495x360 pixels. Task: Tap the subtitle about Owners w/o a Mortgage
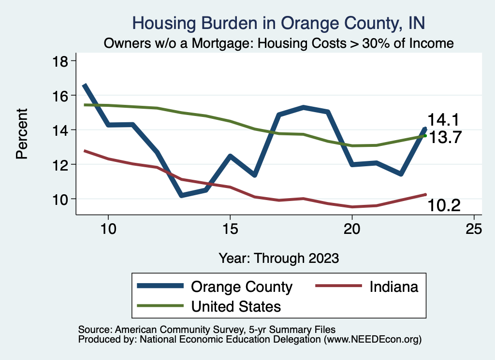pos(278,43)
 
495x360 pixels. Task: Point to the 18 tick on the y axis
pos(62,61)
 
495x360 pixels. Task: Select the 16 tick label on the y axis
pos(62,95)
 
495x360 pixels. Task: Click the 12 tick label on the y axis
pos(62,164)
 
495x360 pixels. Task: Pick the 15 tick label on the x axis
pos(230,229)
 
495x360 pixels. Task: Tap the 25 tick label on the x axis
pos(474,229)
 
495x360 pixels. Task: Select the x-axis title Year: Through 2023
pos(278,258)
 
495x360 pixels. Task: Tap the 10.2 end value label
pos(443,206)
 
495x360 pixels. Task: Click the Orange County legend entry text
pos(242,287)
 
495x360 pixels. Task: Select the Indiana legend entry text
pos(393,287)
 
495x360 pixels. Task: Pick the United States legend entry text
pos(236,306)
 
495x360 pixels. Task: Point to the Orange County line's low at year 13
pos(181,195)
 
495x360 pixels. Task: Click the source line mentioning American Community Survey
pos(204,329)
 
